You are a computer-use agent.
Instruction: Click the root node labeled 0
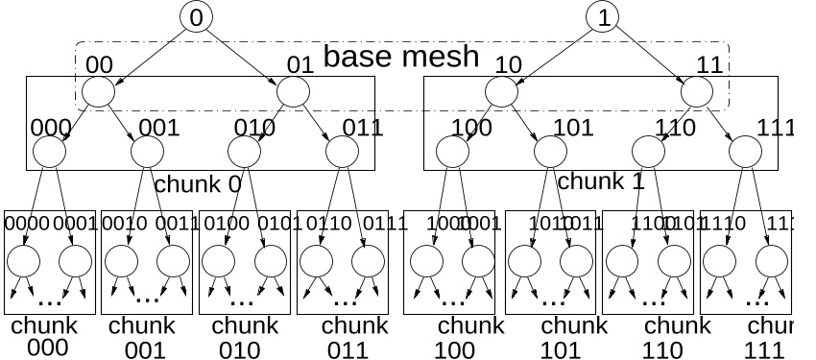tap(196, 16)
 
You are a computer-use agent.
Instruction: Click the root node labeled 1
tap(604, 16)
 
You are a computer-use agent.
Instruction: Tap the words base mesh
tap(400, 56)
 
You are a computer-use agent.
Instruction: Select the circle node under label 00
tap(98, 92)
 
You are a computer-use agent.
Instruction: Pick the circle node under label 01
tap(293, 92)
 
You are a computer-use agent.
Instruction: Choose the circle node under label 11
tap(697, 92)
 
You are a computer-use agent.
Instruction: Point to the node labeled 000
tap(49, 151)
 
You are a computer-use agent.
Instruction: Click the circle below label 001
tap(147, 151)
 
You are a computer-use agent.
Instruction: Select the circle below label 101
tap(550, 151)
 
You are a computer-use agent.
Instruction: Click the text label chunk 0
tap(198, 183)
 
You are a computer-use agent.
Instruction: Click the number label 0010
tap(122, 225)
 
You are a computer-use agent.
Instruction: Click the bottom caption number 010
tap(240, 348)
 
